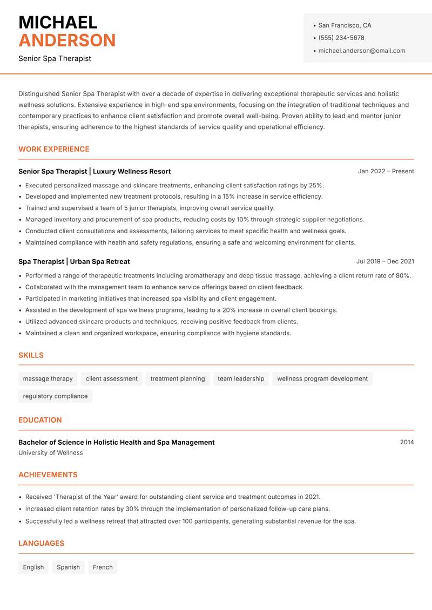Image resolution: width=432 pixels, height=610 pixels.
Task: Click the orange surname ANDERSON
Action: (67, 40)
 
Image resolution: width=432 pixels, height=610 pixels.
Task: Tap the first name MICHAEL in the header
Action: (58, 22)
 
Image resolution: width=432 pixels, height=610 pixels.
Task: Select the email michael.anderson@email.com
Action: (361, 51)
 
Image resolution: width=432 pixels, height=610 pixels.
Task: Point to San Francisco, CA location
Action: (345, 25)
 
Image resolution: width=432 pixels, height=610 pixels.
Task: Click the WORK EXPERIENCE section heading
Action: (54, 149)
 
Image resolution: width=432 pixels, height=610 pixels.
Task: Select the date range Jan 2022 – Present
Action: (386, 171)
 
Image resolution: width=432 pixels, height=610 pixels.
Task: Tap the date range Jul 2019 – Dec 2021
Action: (385, 261)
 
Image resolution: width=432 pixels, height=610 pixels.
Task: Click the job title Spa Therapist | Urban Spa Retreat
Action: (74, 261)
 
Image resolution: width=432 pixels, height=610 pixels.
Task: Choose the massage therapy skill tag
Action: (48, 378)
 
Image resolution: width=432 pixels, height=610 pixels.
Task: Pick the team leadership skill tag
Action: (241, 378)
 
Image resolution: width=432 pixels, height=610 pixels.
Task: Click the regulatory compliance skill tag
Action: (55, 396)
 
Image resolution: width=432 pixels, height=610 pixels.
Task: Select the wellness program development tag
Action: (322, 378)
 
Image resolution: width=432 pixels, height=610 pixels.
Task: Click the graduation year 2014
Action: (407, 442)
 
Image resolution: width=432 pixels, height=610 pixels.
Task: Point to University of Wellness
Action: (51, 453)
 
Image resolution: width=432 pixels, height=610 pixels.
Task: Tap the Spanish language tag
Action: (68, 567)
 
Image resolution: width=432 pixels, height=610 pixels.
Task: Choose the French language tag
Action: (103, 567)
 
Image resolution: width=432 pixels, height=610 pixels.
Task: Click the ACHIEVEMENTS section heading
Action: (48, 475)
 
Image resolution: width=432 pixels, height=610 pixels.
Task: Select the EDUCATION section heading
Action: (40, 419)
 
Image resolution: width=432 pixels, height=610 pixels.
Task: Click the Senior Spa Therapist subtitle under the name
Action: (55, 58)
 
